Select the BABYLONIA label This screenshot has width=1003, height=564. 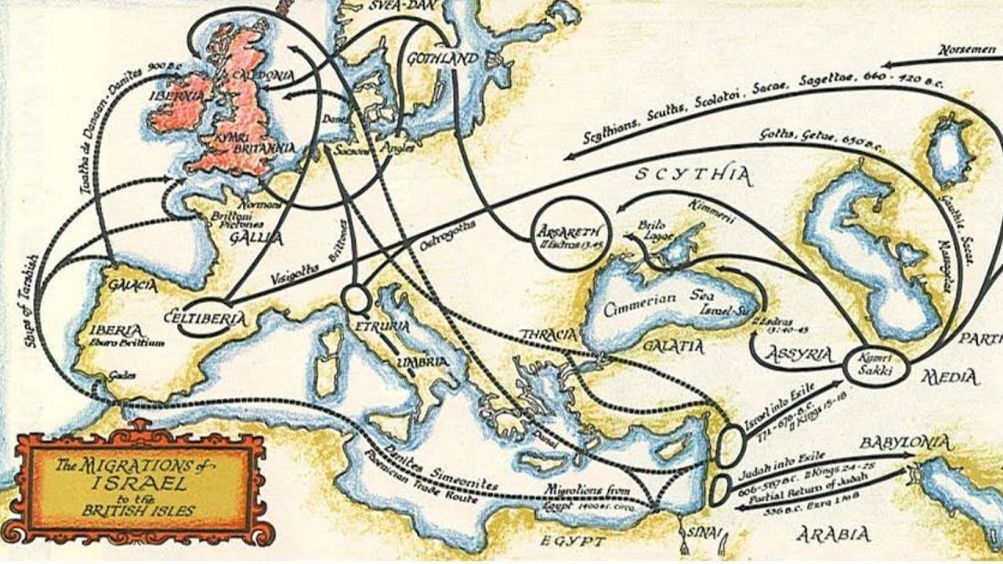coord(905,443)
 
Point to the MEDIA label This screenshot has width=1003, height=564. coord(950,378)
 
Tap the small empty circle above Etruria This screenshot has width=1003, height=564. coord(355,298)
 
